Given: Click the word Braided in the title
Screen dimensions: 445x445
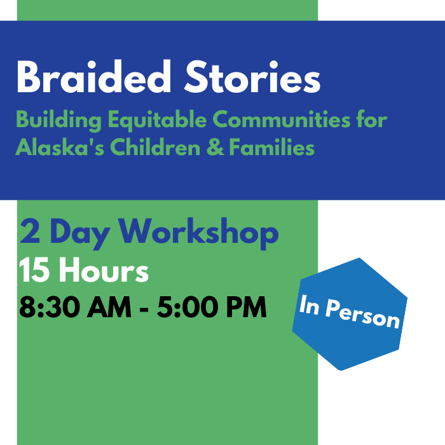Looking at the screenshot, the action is click(x=94, y=76).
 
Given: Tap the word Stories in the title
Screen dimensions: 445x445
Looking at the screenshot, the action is click(x=252, y=77).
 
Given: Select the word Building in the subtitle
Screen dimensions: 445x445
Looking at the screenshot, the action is click(x=58, y=120).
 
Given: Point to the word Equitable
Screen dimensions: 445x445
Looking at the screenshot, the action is click(x=157, y=120).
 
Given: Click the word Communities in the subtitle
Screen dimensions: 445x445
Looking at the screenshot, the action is click(x=282, y=120).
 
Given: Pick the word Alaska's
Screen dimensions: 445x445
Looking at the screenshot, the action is click(x=60, y=147).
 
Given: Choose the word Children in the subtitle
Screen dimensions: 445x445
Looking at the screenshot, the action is click(x=155, y=147).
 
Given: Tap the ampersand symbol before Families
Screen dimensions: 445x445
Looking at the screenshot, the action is click(x=215, y=147).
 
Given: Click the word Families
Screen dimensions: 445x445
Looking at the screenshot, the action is click(x=271, y=147).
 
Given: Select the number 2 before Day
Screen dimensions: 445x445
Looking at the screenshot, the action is click(x=30, y=231).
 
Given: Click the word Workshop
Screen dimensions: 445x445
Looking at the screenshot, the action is click(x=198, y=233).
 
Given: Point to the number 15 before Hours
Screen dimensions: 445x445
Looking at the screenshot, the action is click(x=33, y=270).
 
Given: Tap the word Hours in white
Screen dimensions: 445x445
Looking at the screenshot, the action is click(x=104, y=270).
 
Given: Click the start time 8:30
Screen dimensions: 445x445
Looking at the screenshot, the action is click(x=50, y=307).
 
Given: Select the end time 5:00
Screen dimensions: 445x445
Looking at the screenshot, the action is click(x=188, y=307).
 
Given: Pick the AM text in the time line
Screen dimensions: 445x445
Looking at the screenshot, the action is click(x=109, y=307).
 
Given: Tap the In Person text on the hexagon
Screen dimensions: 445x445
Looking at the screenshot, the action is click(x=350, y=311).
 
